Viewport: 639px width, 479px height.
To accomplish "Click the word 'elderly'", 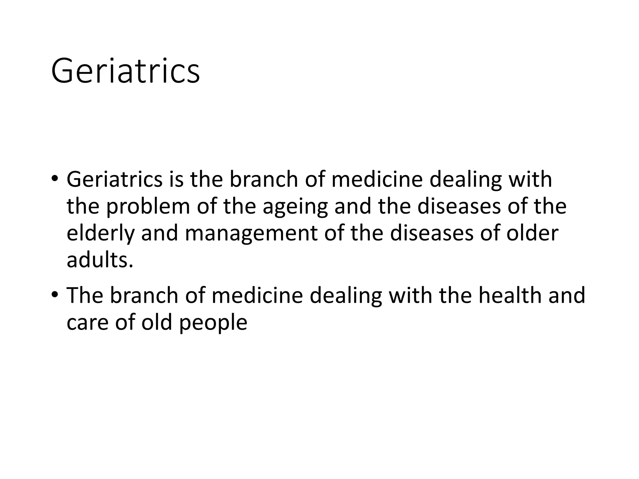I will coord(100,234).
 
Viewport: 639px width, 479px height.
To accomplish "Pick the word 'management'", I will coord(251,234).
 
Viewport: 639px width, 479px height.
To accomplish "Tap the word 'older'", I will coord(532,233).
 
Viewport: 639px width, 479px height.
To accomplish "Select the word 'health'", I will coord(510,295).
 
